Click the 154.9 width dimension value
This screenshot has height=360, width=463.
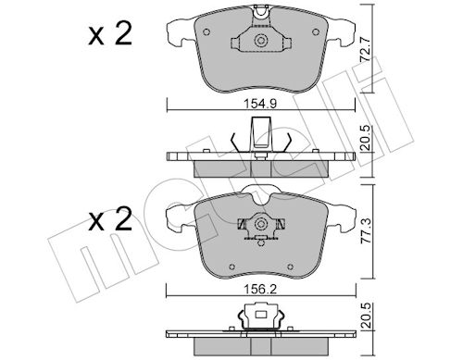(x=260, y=104)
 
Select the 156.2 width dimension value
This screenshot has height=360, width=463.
(x=260, y=289)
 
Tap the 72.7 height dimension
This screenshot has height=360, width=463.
(x=366, y=49)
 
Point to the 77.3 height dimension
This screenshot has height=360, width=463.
(x=366, y=231)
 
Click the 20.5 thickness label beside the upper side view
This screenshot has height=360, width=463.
(x=366, y=138)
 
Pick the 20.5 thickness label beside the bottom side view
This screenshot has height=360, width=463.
(x=366, y=316)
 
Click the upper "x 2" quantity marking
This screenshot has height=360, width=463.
(x=110, y=33)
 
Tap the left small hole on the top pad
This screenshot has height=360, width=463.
(x=206, y=31)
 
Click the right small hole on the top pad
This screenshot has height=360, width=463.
(x=316, y=31)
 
